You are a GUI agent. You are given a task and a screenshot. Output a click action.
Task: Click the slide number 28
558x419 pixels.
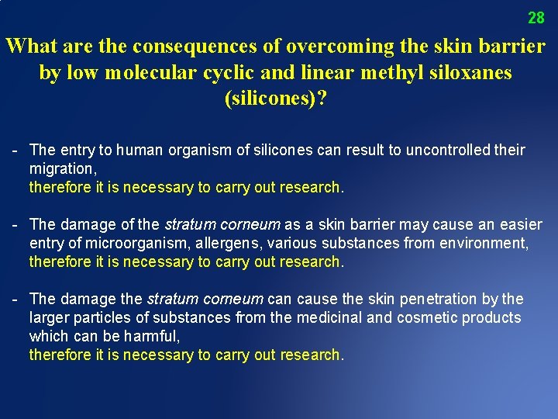(536, 17)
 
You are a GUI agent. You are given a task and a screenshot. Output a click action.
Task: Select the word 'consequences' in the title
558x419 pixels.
(196, 47)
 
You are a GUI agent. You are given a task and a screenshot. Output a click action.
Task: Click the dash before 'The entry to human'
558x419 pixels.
(15, 150)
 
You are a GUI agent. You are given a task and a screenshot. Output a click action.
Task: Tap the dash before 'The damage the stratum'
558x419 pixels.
(15, 299)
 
